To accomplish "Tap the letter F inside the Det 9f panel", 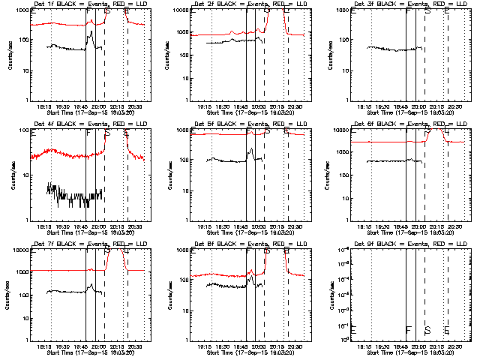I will [409, 330].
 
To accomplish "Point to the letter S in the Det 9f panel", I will [427, 330].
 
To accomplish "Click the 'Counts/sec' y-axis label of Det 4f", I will [11, 175].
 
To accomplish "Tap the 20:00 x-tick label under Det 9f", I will [418, 347].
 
